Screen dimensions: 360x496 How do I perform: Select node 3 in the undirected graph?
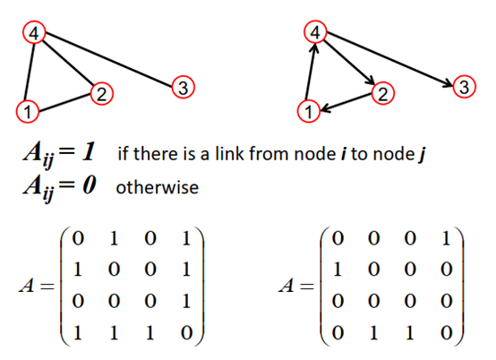(x=182, y=87)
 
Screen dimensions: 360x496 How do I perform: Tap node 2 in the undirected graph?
(x=101, y=93)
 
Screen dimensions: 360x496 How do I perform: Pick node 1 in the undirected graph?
(x=28, y=112)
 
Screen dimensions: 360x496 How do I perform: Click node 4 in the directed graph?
(x=315, y=34)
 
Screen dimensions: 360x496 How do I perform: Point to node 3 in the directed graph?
(x=463, y=87)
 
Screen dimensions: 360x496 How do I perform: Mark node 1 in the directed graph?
(x=309, y=112)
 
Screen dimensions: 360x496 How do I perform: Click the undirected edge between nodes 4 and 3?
(x=108, y=60)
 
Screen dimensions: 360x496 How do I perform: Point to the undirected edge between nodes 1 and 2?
(x=64, y=103)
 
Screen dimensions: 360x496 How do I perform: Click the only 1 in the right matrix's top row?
(x=445, y=241)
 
